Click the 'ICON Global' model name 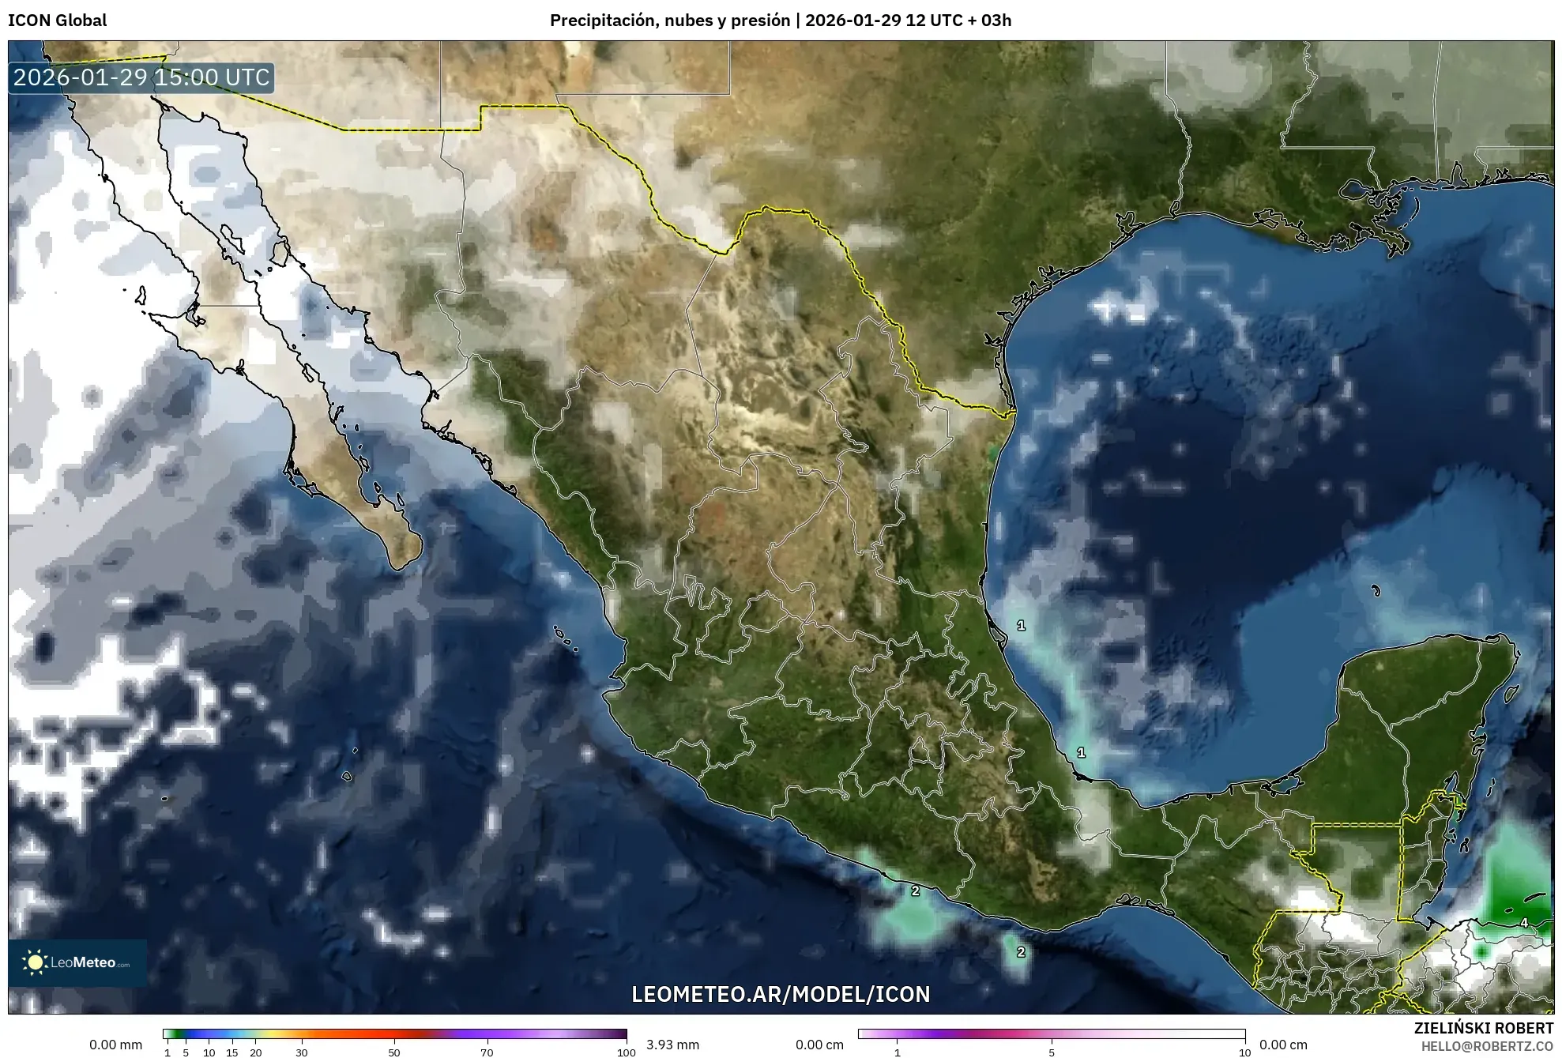[57, 21]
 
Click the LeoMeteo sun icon [35, 962]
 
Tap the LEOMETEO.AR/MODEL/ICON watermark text [781, 994]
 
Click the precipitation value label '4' [1523, 922]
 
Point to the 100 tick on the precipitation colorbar [626, 1052]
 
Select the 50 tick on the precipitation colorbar [394, 1052]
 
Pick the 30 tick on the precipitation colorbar [302, 1052]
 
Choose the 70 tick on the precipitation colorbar [487, 1052]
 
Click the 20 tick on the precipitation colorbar [255, 1052]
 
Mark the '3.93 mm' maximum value [672, 1045]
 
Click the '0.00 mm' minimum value [115, 1045]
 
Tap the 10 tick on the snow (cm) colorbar [1244, 1052]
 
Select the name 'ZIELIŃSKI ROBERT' [1483, 1028]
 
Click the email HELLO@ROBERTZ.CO [1487, 1046]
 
